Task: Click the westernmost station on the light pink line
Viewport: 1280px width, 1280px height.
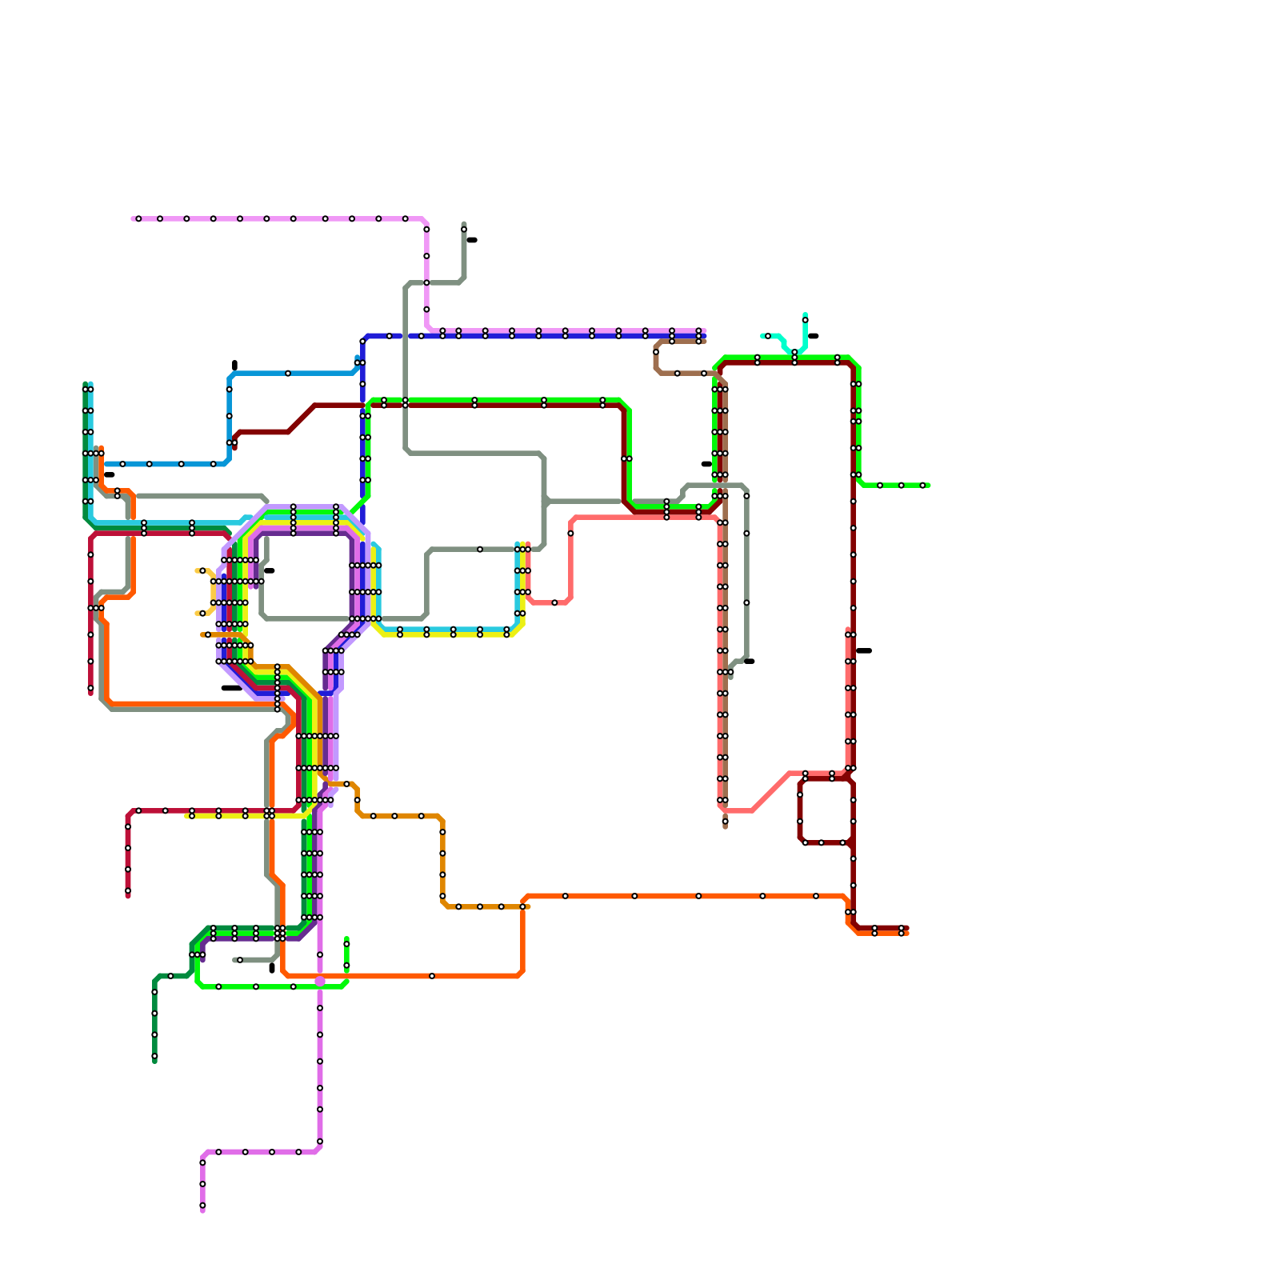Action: pos(138,218)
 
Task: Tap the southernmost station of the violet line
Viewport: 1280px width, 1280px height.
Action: pos(202,1206)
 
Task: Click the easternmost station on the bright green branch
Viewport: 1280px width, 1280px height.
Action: pos(922,485)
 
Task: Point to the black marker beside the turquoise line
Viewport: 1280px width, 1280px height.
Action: pos(814,336)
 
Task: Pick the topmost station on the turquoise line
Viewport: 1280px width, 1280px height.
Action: pos(805,320)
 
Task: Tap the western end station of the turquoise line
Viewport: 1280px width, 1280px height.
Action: pos(768,336)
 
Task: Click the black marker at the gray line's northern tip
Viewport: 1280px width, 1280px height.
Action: pos(472,240)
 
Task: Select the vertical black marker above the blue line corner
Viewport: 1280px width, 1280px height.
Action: pos(234,365)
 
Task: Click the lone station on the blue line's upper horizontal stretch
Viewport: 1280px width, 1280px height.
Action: pos(288,373)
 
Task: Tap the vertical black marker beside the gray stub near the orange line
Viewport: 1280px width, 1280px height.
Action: pos(272,968)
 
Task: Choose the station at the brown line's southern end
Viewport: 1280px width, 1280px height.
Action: pos(725,821)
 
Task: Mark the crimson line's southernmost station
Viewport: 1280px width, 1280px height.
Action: pos(128,890)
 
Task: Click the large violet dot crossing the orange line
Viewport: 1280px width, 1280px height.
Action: pos(320,981)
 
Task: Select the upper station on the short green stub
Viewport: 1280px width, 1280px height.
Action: pos(346,944)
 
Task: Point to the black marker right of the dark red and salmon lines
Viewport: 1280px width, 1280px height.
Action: pos(864,650)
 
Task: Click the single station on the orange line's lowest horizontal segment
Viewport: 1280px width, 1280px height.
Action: pos(432,976)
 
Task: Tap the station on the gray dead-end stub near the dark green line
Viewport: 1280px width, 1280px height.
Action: pos(240,960)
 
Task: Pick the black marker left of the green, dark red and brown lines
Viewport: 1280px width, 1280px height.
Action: pos(706,464)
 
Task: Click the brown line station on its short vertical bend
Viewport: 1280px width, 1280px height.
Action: pos(656,352)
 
